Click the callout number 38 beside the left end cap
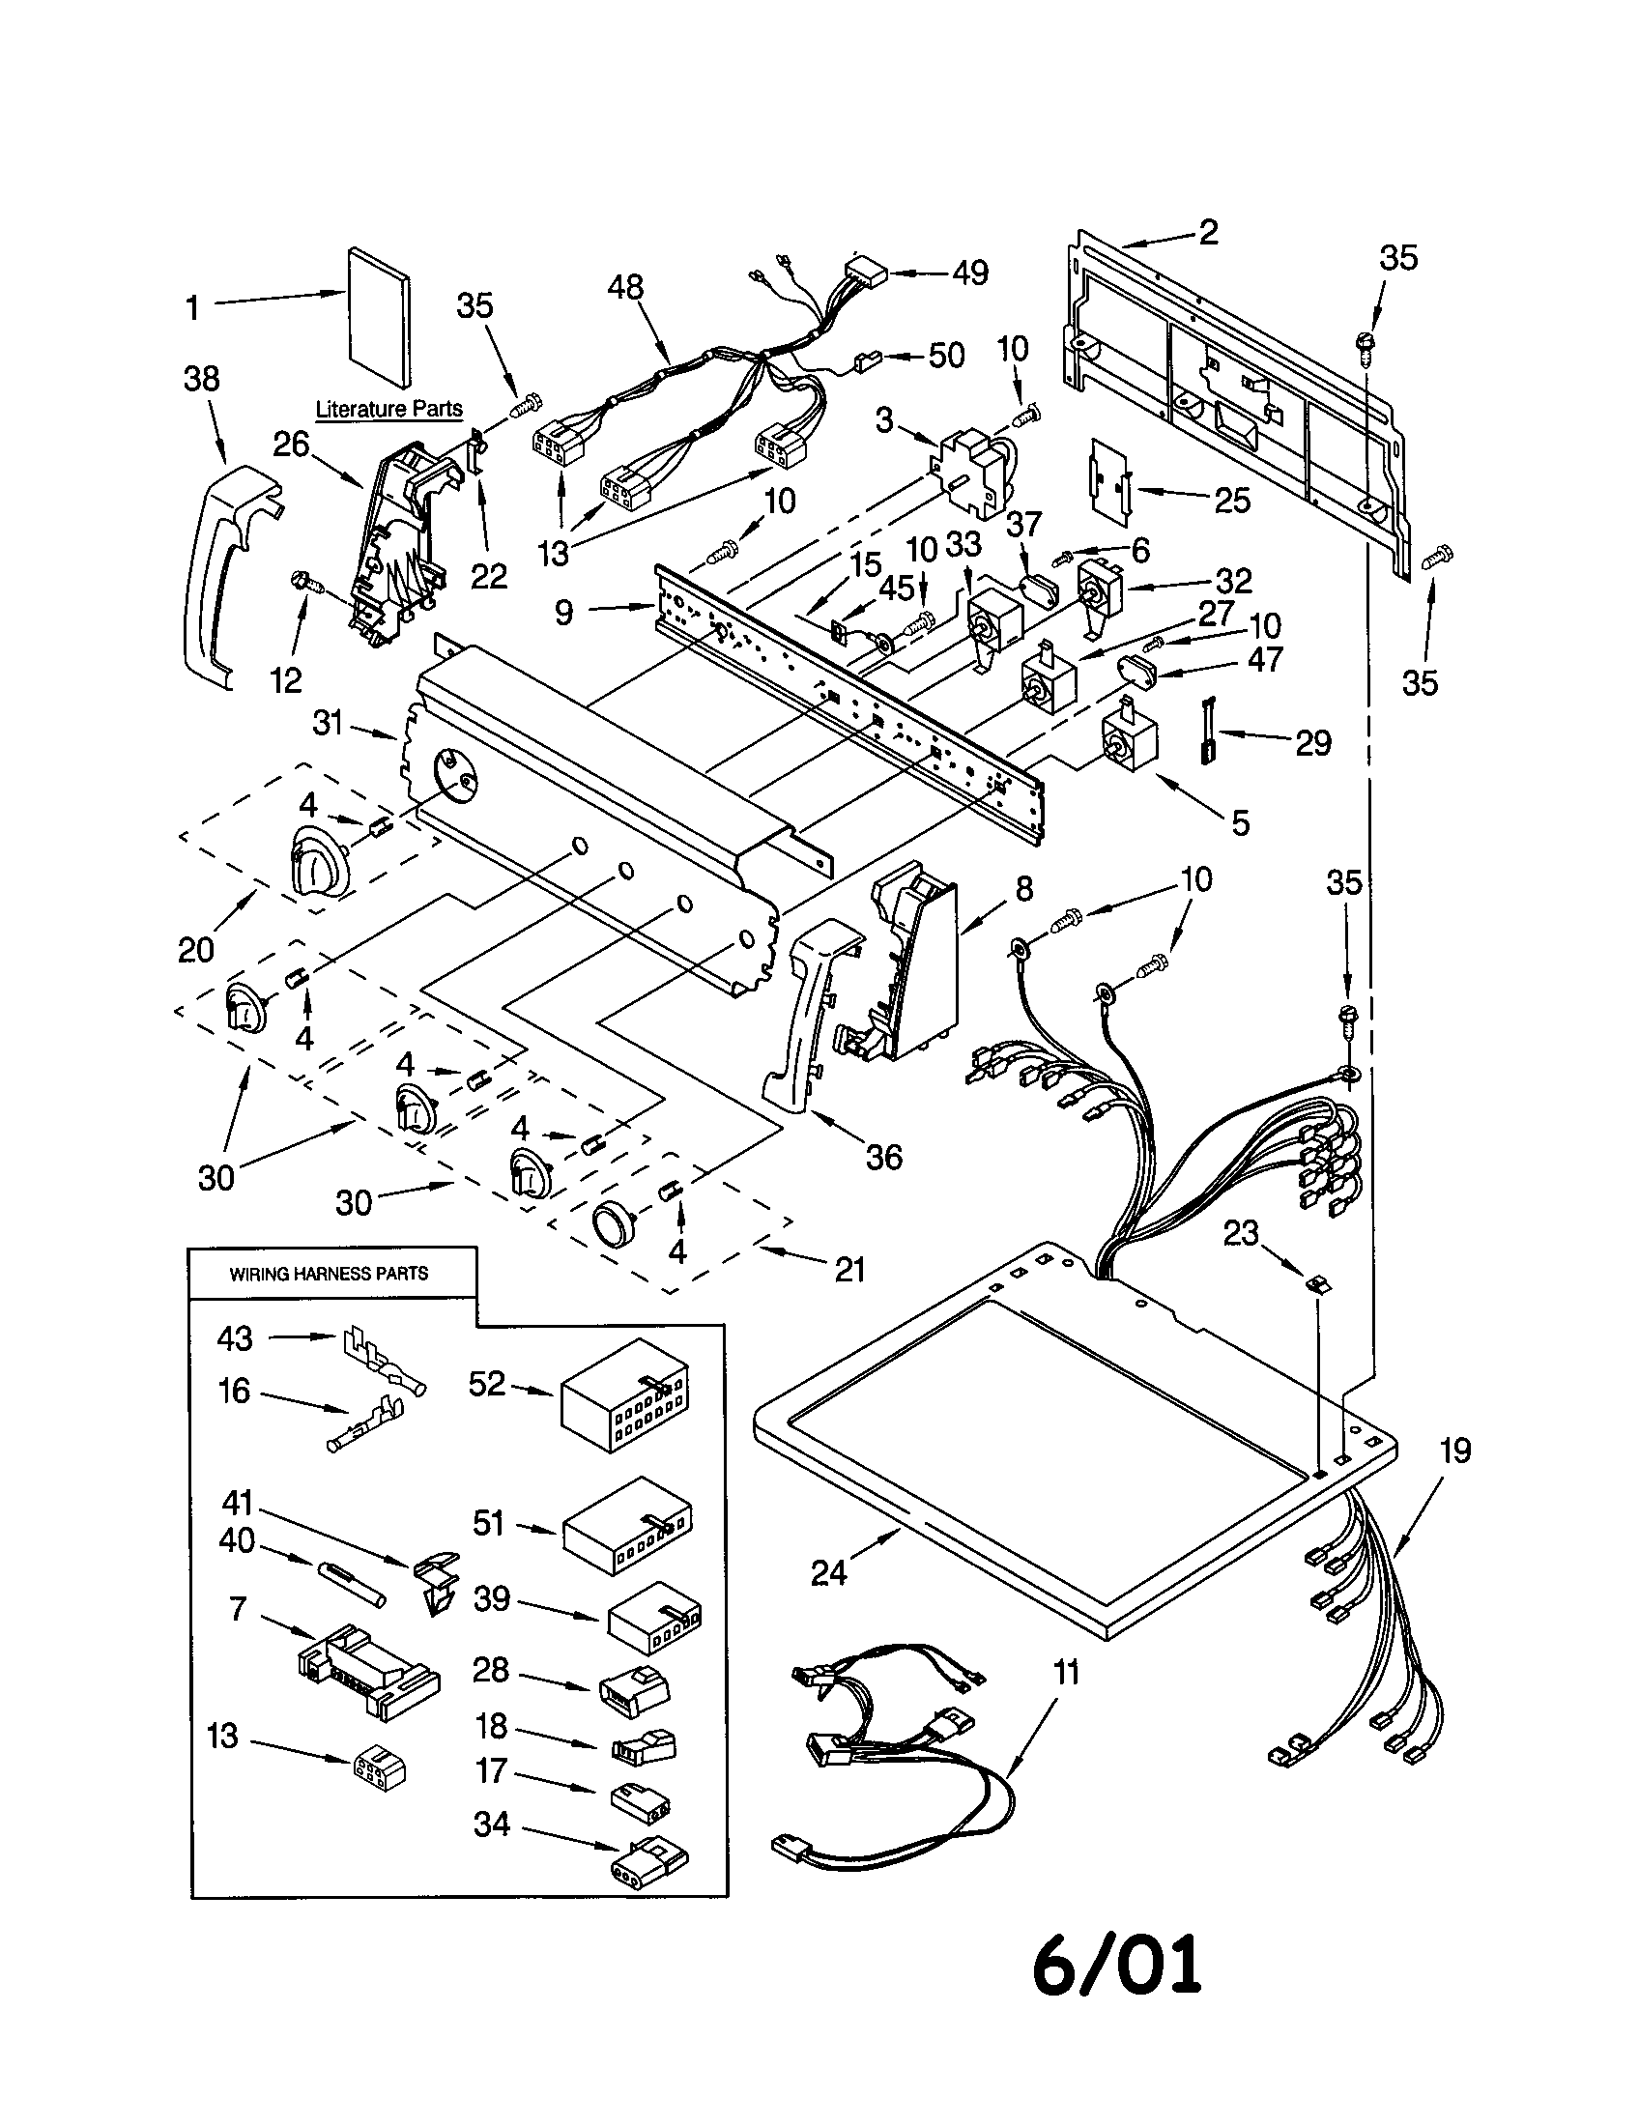(201, 379)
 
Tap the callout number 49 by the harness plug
(969, 273)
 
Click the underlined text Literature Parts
(389, 409)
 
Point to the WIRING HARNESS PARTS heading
(329, 1274)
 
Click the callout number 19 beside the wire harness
(1455, 1451)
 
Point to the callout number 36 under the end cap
(882, 1157)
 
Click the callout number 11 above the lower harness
(1067, 1673)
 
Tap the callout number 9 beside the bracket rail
(564, 612)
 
